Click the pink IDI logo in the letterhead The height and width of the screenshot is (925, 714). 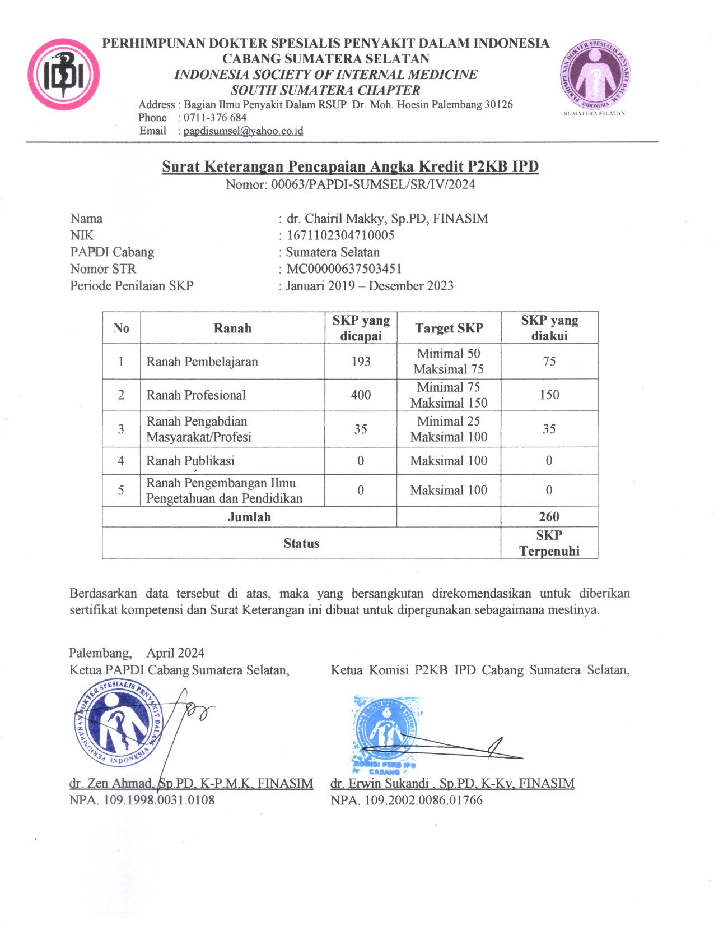64,75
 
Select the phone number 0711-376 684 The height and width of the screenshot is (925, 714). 215,118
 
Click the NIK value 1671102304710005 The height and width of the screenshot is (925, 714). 340,235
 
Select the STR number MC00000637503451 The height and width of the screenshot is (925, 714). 344,269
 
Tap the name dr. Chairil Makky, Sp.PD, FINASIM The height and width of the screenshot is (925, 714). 387,219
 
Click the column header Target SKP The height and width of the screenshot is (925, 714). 449,328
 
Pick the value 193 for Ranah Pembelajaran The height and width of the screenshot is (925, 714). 361,362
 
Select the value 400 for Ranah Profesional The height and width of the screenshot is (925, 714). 361,395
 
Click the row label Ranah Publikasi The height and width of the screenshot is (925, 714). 190,461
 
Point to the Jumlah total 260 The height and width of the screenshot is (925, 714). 549,517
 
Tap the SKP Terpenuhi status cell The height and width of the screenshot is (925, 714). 549,543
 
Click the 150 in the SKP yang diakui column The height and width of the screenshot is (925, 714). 549,395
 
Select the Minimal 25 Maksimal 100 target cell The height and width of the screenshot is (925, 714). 449,429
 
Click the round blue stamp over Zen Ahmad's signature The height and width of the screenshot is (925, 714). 118,723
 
